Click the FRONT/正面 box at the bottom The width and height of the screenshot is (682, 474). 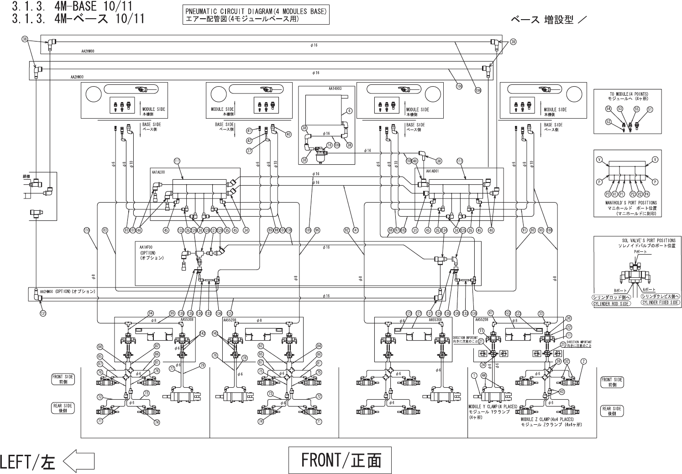click(340, 460)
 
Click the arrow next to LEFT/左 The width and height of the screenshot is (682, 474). click(79, 461)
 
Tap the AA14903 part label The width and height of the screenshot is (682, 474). click(335, 89)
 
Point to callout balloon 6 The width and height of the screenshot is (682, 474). click(349, 110)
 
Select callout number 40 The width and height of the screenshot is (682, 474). click(288, 134)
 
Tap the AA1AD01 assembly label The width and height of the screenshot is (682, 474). click(432, 172)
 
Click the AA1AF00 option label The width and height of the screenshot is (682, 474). click(147, 246)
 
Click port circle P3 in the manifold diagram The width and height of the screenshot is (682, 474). click(608, 194)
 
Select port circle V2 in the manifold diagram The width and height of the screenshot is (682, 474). click(640, 194)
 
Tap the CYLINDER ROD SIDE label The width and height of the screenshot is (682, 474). click(611, 303)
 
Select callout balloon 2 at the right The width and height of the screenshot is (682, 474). click(583, 362)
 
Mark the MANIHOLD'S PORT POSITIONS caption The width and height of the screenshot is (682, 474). click(628, 203)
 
